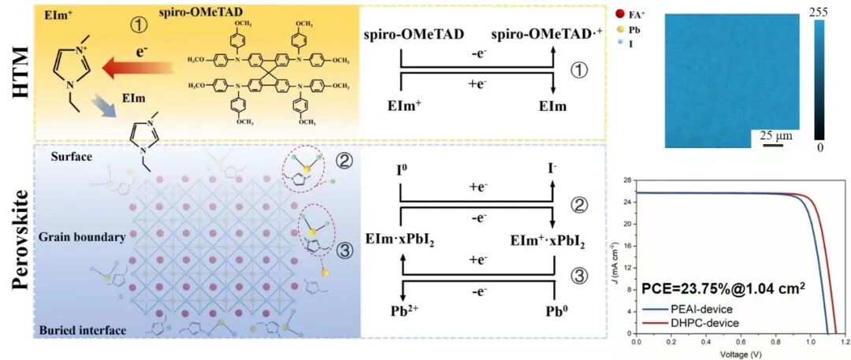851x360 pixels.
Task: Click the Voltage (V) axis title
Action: [x=740, y=354]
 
